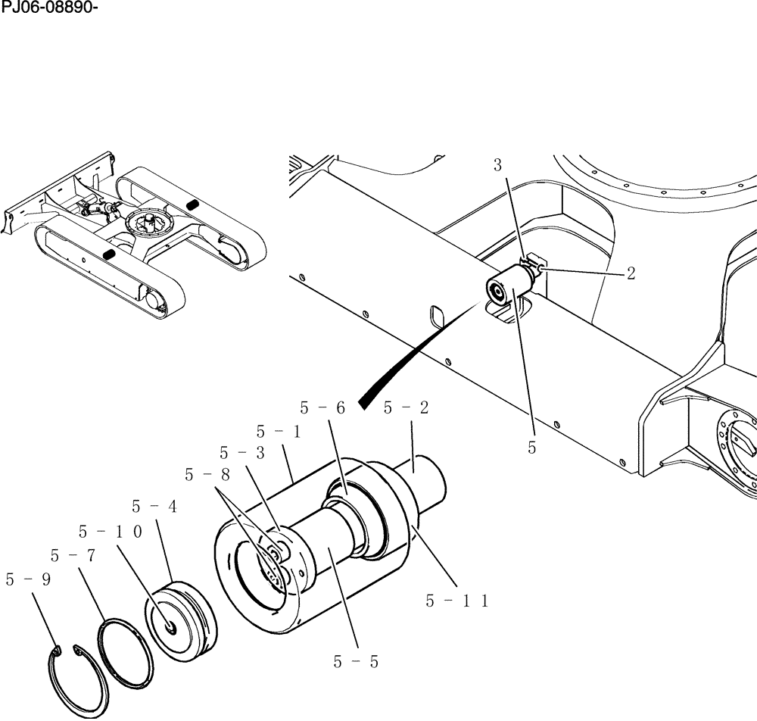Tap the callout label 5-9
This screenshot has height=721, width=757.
(x=28, y=580)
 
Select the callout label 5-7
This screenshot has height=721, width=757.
(x=72, y=556)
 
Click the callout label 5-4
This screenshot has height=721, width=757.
(x=154, y=507)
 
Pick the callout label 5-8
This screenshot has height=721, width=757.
(x=207, y=475)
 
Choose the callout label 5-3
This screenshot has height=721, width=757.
(x=242, y=453)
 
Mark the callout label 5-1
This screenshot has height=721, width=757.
(x=278, y=432)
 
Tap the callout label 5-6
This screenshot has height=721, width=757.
(x=322, y=407)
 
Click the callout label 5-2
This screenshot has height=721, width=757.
(x=406, y=407)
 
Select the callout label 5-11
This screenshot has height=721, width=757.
(x=457, y=601)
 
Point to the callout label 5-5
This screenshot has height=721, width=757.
(x=355, y=661)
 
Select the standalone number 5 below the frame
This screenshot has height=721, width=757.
(x=532, y=448)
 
